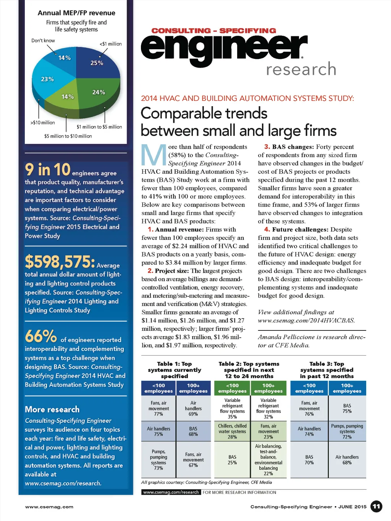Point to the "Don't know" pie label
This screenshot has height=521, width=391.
(43, 40)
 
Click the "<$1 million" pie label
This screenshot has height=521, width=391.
(111, 44)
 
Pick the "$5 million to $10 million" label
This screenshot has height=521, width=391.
(68, 136)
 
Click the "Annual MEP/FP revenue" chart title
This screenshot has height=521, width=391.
(76, 13)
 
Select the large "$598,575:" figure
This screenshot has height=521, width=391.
(60, 262)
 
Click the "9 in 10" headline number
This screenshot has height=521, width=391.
(48, 170)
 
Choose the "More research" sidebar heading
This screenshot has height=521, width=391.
(52, 409)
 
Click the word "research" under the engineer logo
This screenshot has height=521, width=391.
(301, 70)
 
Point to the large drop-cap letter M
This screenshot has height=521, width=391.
(154, 155)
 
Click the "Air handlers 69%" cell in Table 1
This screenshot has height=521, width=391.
(193, 408)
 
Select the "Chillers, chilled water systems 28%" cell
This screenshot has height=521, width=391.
(232, 431)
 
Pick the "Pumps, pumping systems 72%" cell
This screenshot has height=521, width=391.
(347, 431)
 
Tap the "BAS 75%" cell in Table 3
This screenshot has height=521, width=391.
(347, 408)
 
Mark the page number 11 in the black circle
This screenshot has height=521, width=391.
(376, 506)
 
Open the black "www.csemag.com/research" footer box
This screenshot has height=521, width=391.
(171, 492)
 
